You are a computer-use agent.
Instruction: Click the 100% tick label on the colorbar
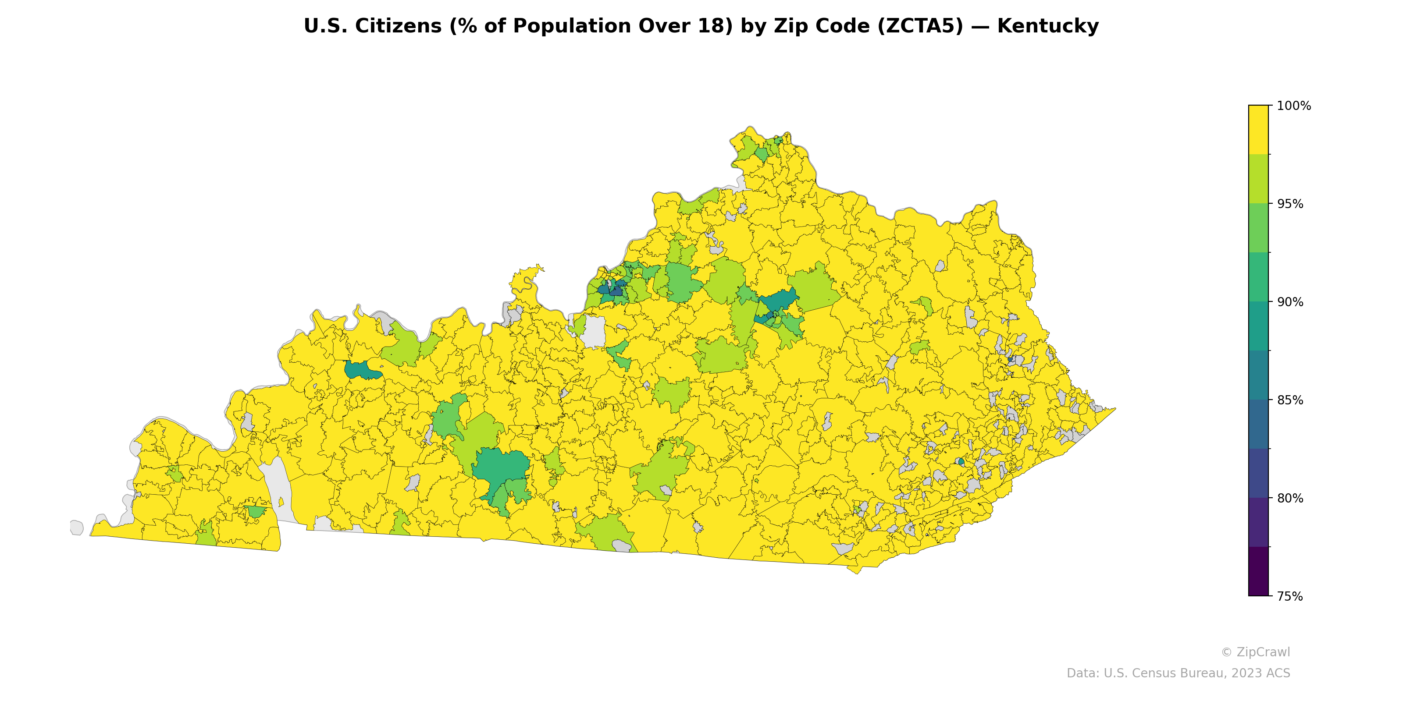tap(1293, 106)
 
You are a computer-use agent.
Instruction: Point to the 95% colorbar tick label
tap(1290, 204)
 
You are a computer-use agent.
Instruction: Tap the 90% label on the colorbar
tap(1290, 302)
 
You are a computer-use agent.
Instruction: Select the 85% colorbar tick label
tap(1290, 400)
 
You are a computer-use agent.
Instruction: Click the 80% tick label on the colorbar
tap(1290, 498)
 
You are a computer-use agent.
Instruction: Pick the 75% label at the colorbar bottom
tap(1290, 596)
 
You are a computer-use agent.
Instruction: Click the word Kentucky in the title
tap(1047, 26)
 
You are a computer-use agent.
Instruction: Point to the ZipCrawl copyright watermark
tap(1255, 652)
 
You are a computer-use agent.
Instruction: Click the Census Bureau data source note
tap(1178, 673)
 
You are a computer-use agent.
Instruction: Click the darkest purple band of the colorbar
tap(1258, 571)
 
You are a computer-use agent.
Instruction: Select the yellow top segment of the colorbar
tap(1258, 130)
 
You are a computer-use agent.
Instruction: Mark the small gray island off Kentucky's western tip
tap(76, 528)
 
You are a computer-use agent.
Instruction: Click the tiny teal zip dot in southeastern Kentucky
tap(961, 461)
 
